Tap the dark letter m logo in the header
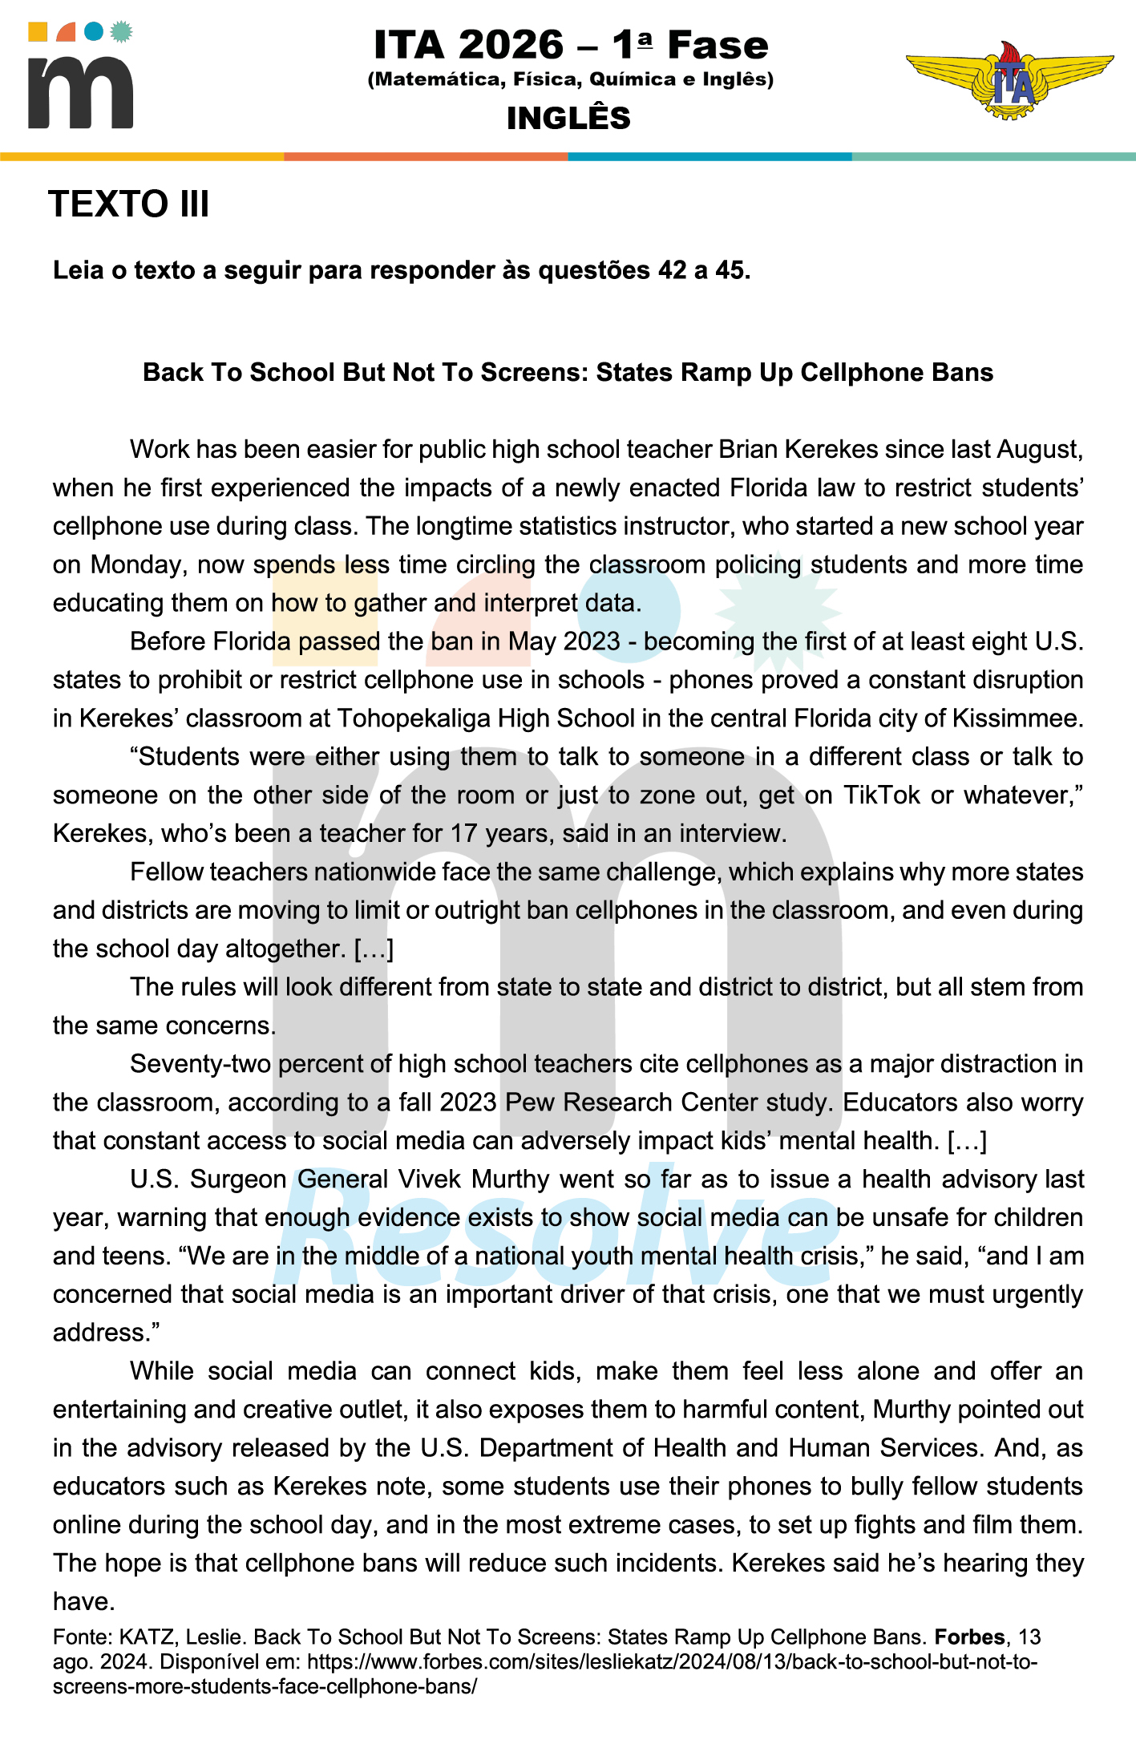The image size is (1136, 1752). [80, 92]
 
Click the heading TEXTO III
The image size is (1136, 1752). [129, 204]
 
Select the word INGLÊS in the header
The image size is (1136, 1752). [568, 119]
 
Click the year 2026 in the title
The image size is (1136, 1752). [511, 45]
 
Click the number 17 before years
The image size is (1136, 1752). [464, 833]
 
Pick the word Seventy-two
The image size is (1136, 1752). [201, 1064]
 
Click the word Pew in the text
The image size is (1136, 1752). [530, 1103]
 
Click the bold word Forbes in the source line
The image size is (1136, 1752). [969, 1637]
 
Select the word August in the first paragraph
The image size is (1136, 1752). [1038, 449]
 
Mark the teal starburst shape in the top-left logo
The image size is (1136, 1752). [121, 32]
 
